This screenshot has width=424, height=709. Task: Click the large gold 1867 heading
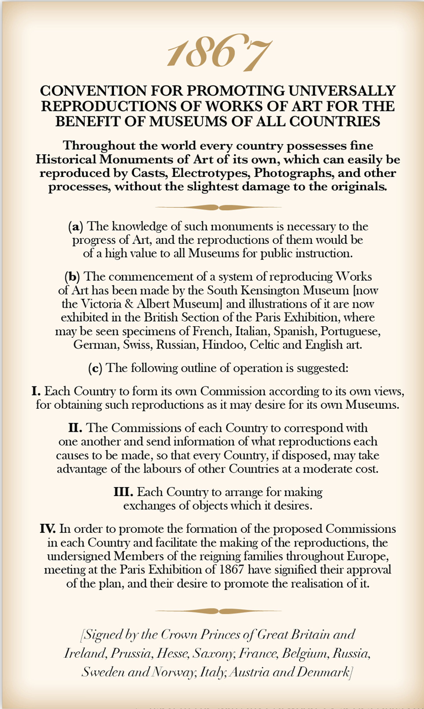pos(219,53)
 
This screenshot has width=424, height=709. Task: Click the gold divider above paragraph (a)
pos(218,207)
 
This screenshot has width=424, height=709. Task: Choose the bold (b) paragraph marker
pos(72,277)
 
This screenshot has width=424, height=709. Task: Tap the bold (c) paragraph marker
pos(95,368)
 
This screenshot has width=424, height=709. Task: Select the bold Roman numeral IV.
pos(47,529)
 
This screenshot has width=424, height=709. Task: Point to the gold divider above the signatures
pos(218,611)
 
